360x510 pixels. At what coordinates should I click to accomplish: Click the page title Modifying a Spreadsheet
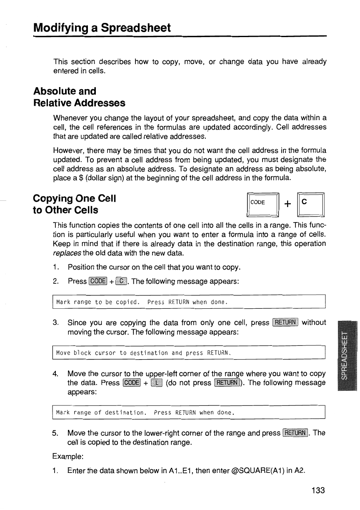102,28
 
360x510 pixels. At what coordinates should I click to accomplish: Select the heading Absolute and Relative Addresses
79,97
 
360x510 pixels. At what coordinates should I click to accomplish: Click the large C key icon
310,202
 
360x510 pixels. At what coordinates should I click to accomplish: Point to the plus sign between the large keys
287,203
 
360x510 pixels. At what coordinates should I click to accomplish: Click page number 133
317,490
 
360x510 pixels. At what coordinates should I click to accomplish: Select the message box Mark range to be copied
188,302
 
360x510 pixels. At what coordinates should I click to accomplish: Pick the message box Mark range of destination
188,413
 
